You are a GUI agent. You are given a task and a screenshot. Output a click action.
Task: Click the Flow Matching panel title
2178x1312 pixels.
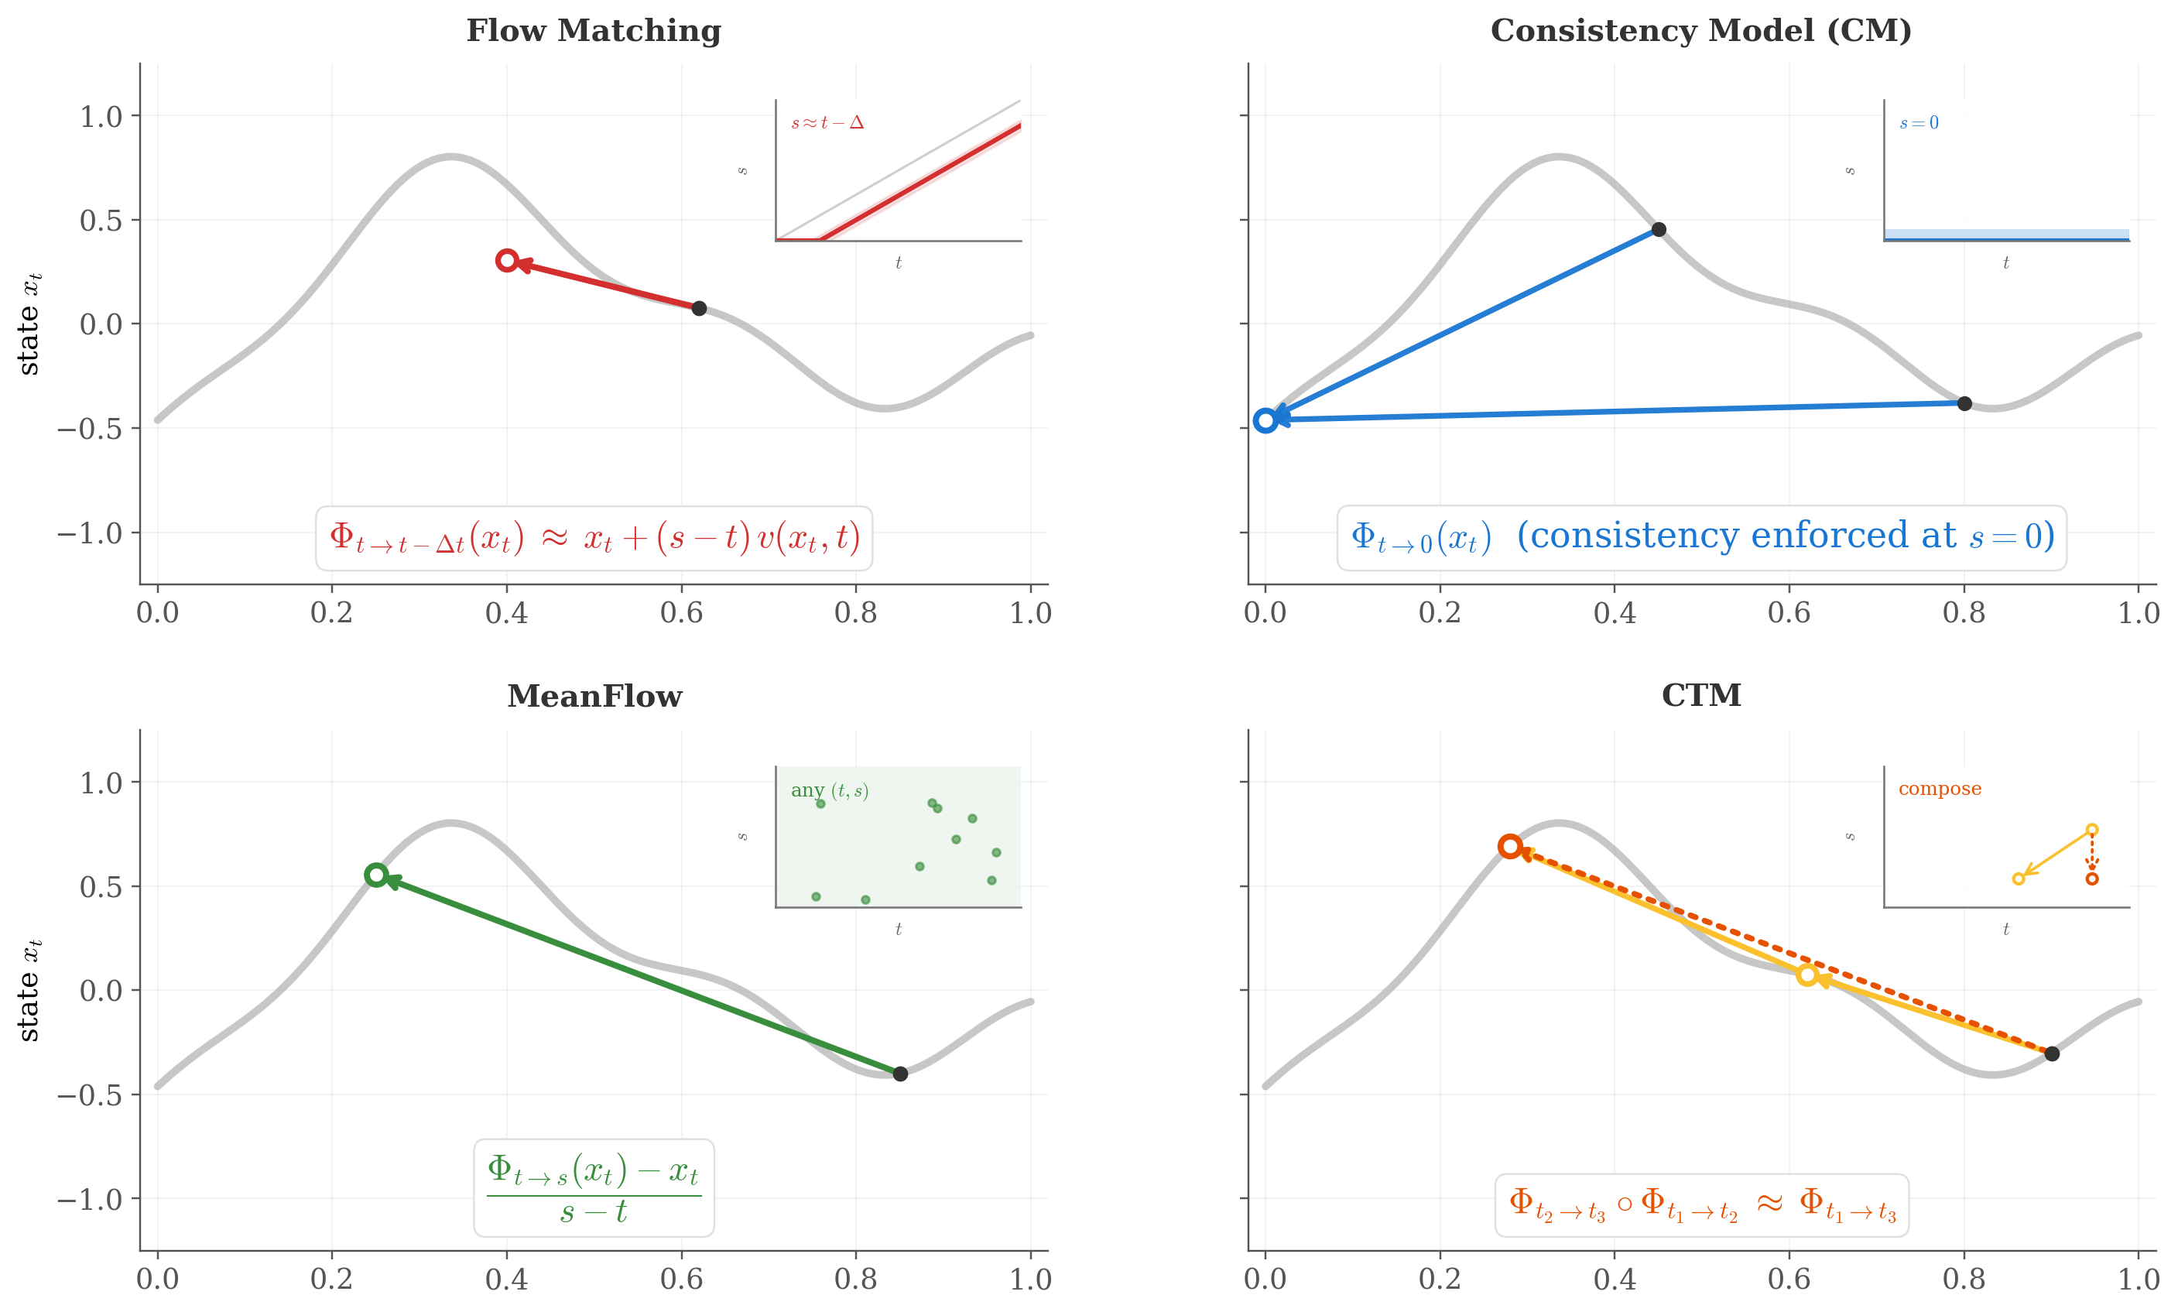(x=593, y=31)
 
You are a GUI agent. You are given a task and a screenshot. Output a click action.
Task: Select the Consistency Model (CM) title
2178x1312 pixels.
(x=1700, y=31)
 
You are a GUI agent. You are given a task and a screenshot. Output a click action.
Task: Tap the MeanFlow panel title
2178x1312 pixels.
(x=594, y=697)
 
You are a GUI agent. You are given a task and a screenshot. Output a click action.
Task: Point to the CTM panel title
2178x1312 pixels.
(x=1700, y=696)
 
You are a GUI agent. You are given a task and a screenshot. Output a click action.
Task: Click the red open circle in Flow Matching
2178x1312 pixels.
(x=506, y=261)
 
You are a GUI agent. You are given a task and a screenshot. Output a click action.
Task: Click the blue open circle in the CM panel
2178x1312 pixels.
(x=1265, y=421)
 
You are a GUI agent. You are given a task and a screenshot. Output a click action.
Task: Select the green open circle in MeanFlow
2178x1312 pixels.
(x=375, y=875)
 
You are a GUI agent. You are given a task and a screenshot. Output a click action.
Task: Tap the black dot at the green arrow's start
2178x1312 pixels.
(x=900, y=1074)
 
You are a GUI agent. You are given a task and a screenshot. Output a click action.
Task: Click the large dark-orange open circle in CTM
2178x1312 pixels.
(x=1510, y=847)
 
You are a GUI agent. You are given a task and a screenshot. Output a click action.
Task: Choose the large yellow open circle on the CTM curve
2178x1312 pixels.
(x=1807, y=975)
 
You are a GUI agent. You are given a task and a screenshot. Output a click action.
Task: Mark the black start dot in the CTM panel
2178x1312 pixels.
(x=2053, y=1053)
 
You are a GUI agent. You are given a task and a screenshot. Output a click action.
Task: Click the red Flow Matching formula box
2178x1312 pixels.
(x=594, y=539)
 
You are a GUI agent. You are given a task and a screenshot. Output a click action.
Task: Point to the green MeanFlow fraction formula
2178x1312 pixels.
(x=594, y=1188)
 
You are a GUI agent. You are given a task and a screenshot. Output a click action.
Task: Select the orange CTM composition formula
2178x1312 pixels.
(x=1701, y=1205)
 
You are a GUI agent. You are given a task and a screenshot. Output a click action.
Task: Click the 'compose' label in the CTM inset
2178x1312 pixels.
(x=1940, y=789)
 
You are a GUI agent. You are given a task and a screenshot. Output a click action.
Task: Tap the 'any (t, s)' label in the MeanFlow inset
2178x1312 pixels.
(x=829, y=790)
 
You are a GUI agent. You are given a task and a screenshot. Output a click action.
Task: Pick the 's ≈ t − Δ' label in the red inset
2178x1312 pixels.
(x=827, y=123)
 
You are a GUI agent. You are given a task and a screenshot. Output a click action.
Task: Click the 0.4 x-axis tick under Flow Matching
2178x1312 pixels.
(x=506, y=613)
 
